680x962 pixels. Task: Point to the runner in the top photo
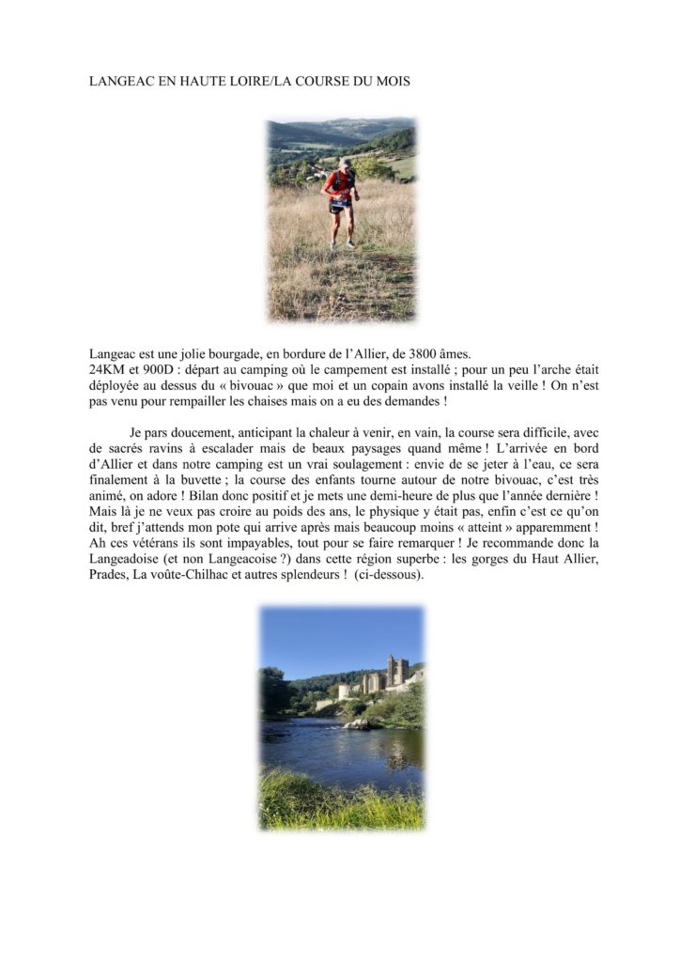[340, 201]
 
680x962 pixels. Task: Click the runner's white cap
[345, 163]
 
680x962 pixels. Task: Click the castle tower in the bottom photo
[395, 671]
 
